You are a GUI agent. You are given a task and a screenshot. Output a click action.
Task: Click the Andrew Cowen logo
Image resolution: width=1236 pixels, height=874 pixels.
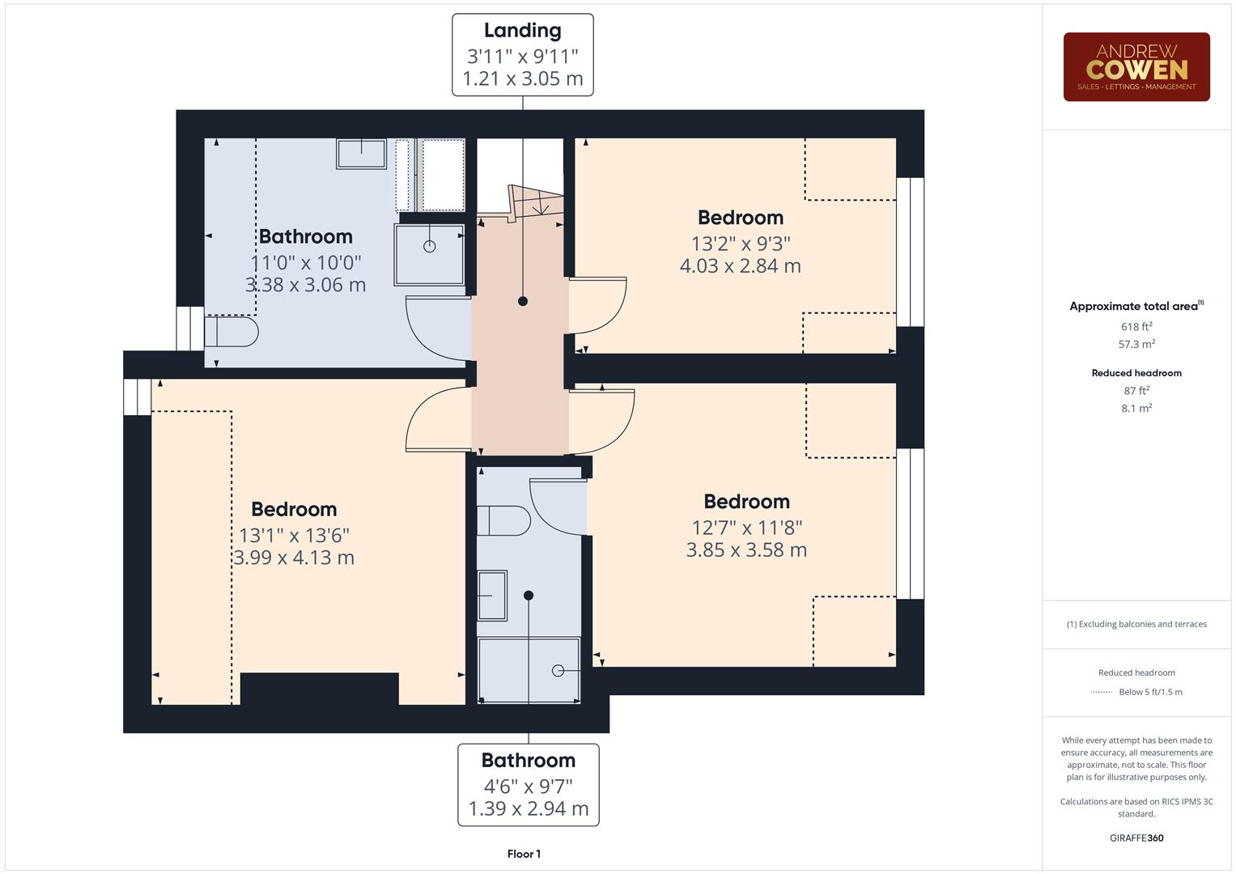tap(1136, 67)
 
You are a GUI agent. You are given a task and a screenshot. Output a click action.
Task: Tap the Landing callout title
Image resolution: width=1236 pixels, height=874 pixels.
tap(522, 31)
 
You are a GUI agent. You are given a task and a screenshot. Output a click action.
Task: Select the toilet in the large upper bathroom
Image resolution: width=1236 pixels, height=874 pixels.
tap(231, 332)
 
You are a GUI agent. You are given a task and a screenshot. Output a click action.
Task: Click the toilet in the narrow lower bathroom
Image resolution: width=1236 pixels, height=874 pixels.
tap(503, 520)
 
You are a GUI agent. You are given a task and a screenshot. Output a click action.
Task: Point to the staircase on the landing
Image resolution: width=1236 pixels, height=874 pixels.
tap(535, 202)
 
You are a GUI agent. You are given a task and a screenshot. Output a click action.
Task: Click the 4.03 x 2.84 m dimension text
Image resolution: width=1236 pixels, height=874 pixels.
tap(740, 266)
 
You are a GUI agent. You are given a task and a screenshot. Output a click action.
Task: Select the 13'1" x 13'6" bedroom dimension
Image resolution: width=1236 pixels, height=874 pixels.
tap(294, 535)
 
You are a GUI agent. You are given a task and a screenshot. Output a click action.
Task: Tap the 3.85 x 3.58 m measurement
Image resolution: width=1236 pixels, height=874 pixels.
tap(745, 550)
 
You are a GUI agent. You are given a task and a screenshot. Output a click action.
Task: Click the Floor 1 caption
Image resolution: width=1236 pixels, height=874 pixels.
tap(524, 854)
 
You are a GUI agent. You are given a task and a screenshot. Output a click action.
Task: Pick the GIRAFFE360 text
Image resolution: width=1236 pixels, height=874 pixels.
tap(1136, 838)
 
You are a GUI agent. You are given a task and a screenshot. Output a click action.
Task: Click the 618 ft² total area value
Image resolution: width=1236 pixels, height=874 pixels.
tap(1136, 327)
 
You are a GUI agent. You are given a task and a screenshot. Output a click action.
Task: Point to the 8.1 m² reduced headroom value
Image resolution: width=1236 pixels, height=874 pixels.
tap(1136, 409)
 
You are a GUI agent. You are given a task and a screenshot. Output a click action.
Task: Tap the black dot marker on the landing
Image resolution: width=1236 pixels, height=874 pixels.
tap(523, 301)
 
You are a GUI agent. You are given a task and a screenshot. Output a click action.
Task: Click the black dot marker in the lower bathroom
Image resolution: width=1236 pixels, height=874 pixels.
tap(529, 596)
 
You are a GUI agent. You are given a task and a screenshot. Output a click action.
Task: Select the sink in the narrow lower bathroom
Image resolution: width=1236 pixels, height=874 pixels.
tap(492, 596)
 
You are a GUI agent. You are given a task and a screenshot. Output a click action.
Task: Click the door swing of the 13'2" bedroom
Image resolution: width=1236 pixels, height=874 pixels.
tap(599, 306)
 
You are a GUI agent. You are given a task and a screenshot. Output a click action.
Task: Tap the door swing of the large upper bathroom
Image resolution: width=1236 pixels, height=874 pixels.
tap(437, 328)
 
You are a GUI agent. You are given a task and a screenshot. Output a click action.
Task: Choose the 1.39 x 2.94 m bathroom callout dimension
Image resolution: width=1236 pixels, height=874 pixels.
tap(528, 808)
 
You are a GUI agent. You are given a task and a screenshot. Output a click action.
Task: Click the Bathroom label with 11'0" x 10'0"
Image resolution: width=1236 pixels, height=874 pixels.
tap(305, 237)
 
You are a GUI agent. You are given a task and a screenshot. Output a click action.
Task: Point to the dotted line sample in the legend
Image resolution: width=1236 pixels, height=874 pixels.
tap(1102, 693)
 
